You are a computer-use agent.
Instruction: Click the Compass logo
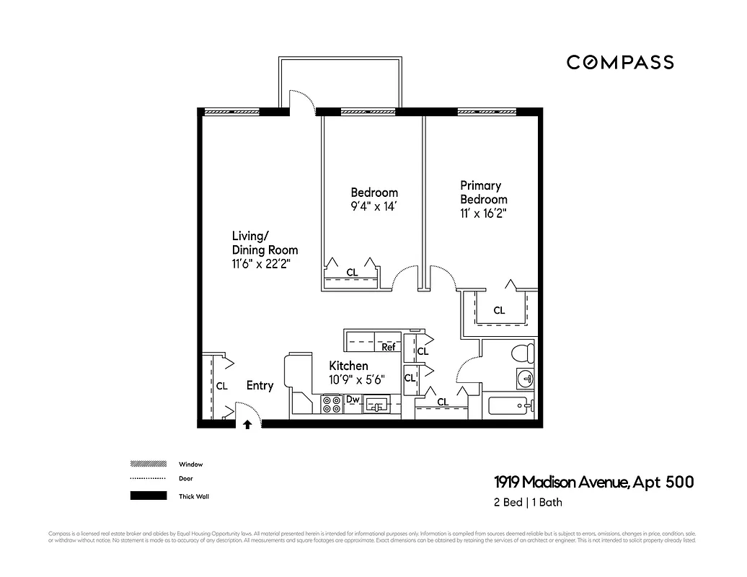point(620,62)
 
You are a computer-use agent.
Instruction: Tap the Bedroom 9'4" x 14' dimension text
point(374,206)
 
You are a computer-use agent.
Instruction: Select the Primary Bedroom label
point(483,193)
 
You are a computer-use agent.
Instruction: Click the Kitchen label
point(349,366)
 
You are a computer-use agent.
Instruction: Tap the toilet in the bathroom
point(521,353)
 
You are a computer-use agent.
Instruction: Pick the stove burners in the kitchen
point(331,405)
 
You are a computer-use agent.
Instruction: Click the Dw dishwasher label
point(353,399)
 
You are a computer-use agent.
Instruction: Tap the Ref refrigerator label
point(389,347)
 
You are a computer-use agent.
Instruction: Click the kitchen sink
point(376,405)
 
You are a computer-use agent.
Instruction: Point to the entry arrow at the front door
point(247,425)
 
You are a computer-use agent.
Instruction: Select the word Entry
point(260,386)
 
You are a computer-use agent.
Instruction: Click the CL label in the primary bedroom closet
point(499,311)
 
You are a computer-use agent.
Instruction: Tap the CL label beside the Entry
point(221,386)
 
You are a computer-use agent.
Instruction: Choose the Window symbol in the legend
point(148,464)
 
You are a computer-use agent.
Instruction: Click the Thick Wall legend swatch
point(148,495)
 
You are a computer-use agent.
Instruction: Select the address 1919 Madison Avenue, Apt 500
point(593,482)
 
